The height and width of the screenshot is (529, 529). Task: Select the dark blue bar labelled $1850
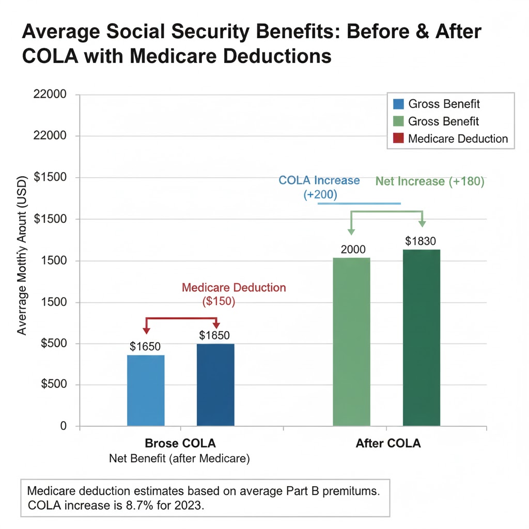click(x=215, y=384)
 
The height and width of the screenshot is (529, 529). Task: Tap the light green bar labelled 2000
click(x=352, y=341)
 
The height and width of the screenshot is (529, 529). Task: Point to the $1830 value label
click(x=422, y=241)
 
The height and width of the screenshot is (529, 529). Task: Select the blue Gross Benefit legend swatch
click(x=398, y=104)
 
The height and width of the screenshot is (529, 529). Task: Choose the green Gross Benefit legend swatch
click(x=398, y=121)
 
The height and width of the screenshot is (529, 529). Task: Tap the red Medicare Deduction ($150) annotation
click(x=234, y=295)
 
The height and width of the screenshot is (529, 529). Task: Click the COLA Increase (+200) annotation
click(x=319, y=187)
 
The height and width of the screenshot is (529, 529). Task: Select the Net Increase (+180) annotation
click(x=429, y=181)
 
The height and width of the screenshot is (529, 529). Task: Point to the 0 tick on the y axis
click(x=64, y=426)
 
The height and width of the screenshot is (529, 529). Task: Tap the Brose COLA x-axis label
click(x=180, y=444)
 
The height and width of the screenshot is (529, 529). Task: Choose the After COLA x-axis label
click(x=388, y=444)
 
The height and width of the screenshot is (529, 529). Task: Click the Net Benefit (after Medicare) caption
click(x=180, y=459)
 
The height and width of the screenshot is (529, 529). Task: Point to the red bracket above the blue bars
click(x=181, y=319)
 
